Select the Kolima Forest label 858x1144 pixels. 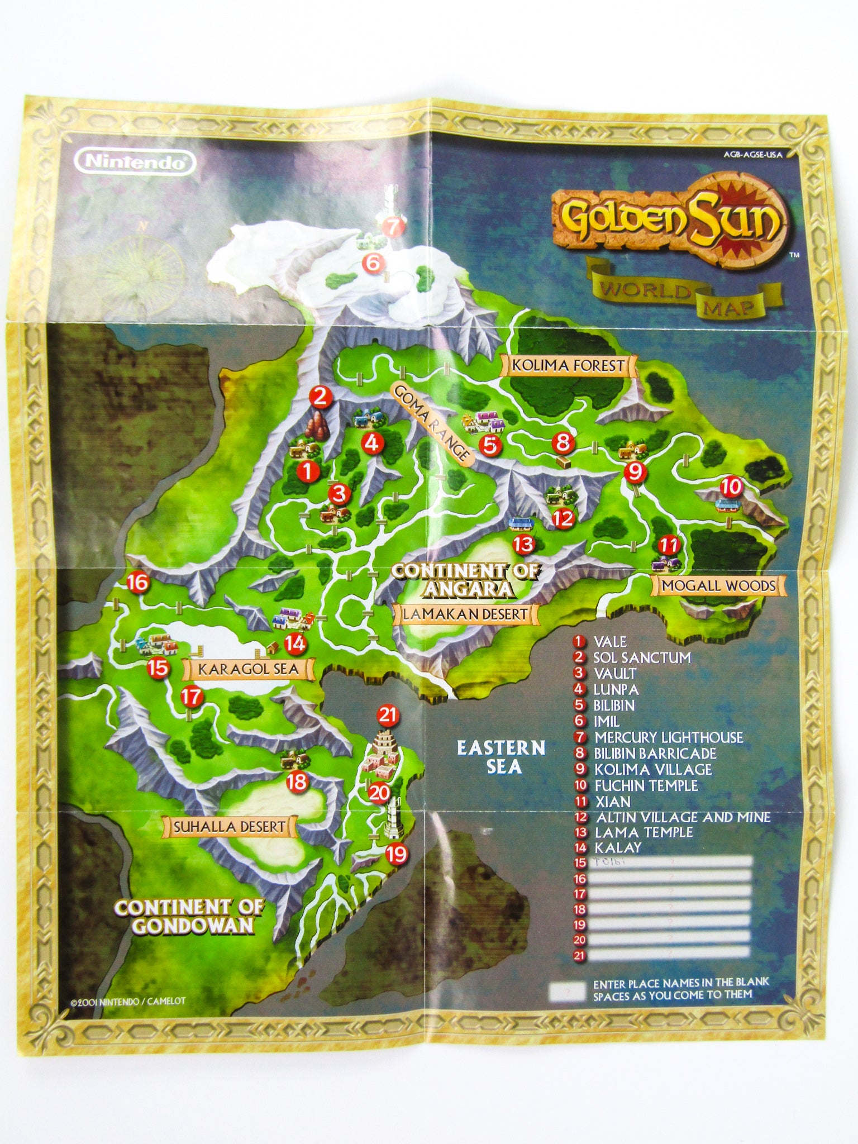tap(569, 366)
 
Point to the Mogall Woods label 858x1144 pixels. tap(718, 585)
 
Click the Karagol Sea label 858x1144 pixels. tap(246, 668)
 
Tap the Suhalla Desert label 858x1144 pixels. tap(229, 826)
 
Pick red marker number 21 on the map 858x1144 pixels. tap(387, 714)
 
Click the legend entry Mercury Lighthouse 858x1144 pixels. tap(668, 737)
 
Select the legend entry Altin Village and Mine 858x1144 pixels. tap(681, 817)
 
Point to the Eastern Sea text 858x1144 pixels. tap(500, 757)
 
